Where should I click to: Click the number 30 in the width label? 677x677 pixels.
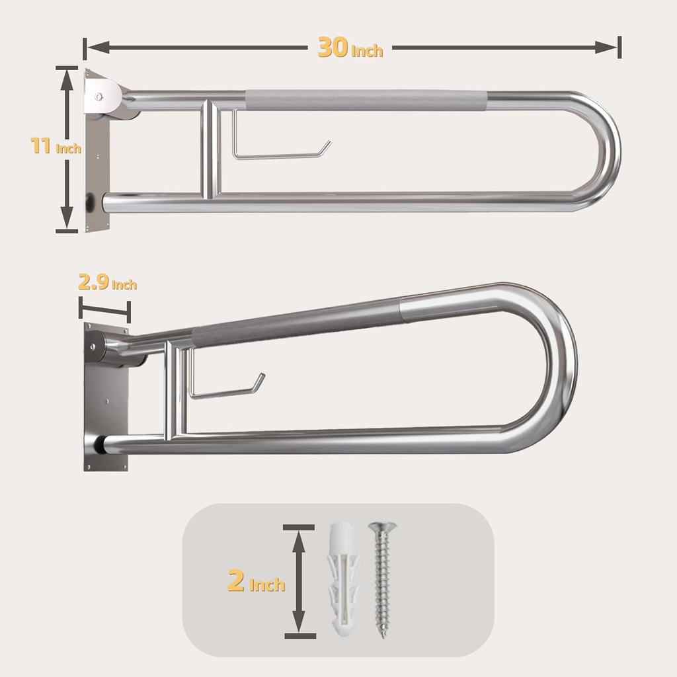(333, 48)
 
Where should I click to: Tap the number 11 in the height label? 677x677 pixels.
(41, 145)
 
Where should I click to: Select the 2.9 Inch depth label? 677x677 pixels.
(107, 284)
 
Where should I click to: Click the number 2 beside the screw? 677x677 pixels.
(236, 582)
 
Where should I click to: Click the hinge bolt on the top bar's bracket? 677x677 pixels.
(99, 97)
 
